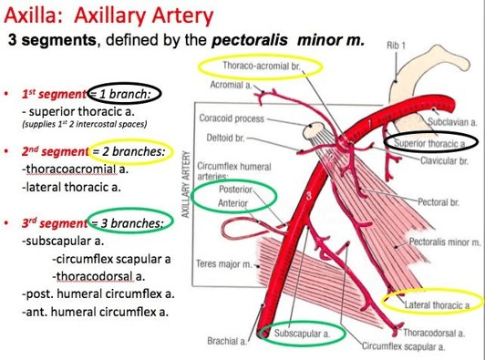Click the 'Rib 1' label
tap(396, 46)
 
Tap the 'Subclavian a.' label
tap(452, 122)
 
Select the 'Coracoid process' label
tap(232, 118)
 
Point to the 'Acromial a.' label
tap(231, 85)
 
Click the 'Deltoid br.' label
tap(225, 138)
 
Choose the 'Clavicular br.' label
tap(444, 161)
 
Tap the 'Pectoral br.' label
tap(439, 202)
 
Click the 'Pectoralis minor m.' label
tap(445, 242)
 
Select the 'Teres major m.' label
tap(224, 264)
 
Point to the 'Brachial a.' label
tap(227, 341)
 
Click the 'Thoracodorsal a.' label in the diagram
tap(434, 333)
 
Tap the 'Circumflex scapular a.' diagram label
tap(403, 346)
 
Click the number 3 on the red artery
tap(308, 196)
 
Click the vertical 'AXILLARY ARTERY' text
tap(186, 184)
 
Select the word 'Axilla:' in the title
tap(36, 15)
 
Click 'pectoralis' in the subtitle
tap(249, 40)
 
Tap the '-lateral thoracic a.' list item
tap(71, 187)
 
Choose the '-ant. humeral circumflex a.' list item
tap(95, 311)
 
